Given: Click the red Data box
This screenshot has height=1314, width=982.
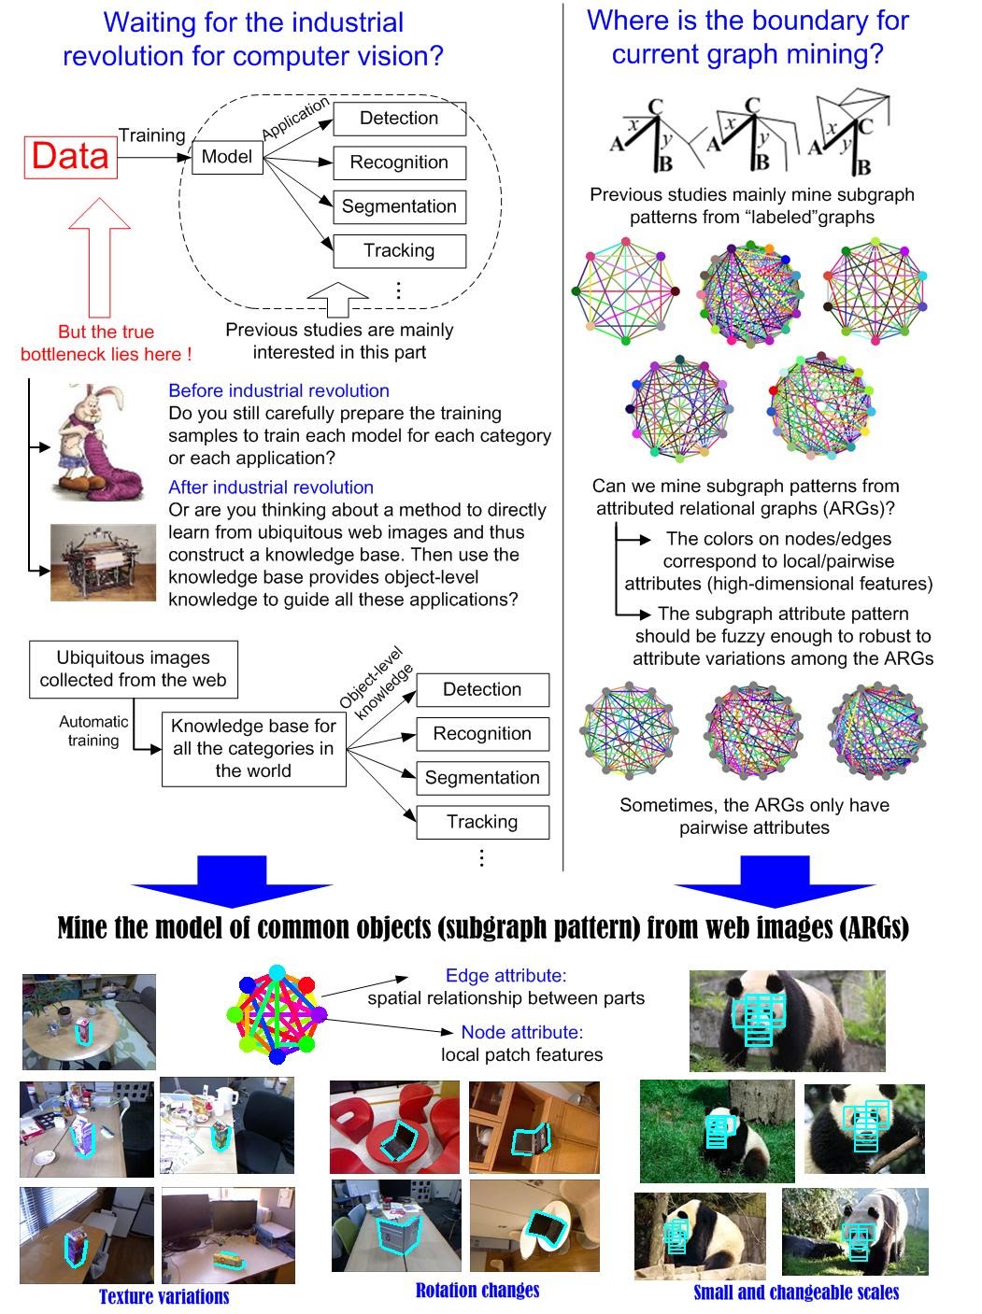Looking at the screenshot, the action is click(71, 158).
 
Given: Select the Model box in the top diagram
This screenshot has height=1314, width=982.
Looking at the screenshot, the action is click(227, 157).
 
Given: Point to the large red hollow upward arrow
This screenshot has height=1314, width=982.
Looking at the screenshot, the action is click(99, 258).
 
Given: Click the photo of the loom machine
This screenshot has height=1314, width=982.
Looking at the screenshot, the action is click(103, 562).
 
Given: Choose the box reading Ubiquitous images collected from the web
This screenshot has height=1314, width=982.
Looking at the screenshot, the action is click(133, 669).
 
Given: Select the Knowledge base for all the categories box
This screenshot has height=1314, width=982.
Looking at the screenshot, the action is click(253, 748).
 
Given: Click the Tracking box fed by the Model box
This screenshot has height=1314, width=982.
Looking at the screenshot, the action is click(399, 250).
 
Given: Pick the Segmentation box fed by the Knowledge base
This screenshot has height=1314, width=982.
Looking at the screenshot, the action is click(482, 778).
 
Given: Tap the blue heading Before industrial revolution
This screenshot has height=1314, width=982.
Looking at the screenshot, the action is click(278, 390).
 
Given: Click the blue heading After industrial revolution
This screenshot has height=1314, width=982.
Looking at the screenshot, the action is click(271, 487).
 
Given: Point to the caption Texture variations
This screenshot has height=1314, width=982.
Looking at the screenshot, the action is click(164, 1296).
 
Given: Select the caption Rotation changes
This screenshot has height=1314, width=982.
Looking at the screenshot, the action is click(477, 1290).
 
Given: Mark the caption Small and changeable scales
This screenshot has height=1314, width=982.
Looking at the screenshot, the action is click(796, 1292).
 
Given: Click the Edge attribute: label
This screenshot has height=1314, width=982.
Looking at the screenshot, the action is click(506, 975).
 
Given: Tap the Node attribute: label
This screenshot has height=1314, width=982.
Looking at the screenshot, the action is click(521, 1031).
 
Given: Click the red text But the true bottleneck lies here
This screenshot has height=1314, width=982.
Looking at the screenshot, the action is click(106, 343).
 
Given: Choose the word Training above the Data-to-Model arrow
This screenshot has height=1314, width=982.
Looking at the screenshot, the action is click(151, 135).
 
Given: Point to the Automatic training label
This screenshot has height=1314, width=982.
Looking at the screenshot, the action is click(93, 730).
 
